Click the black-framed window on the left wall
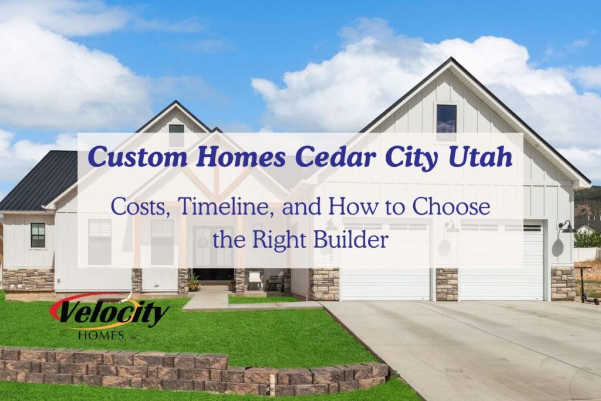[38, 235]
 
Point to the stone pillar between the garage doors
[447, 284]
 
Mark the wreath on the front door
[203, 242]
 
